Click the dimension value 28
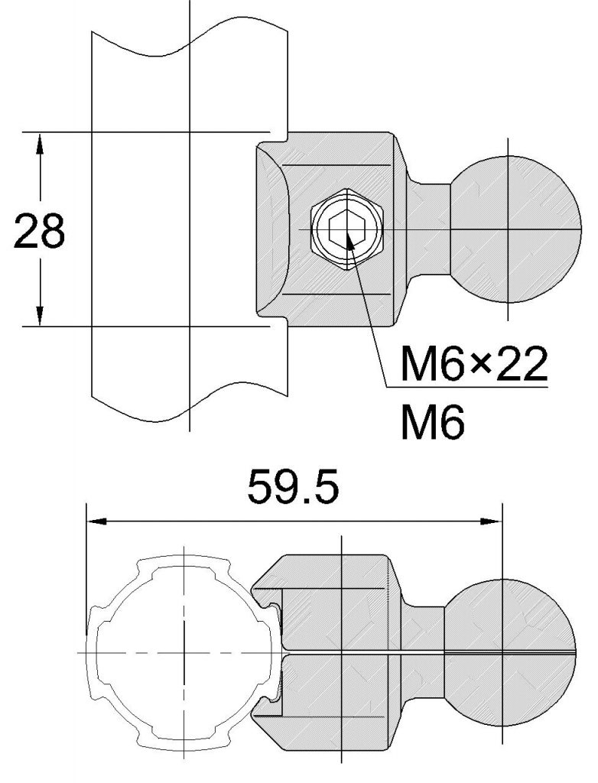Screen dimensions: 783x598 coord(40,232)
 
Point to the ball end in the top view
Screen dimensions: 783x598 coord(517,229)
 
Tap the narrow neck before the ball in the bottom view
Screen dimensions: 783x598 coord(425,651)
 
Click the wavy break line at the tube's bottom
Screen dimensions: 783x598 coord(187,409)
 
